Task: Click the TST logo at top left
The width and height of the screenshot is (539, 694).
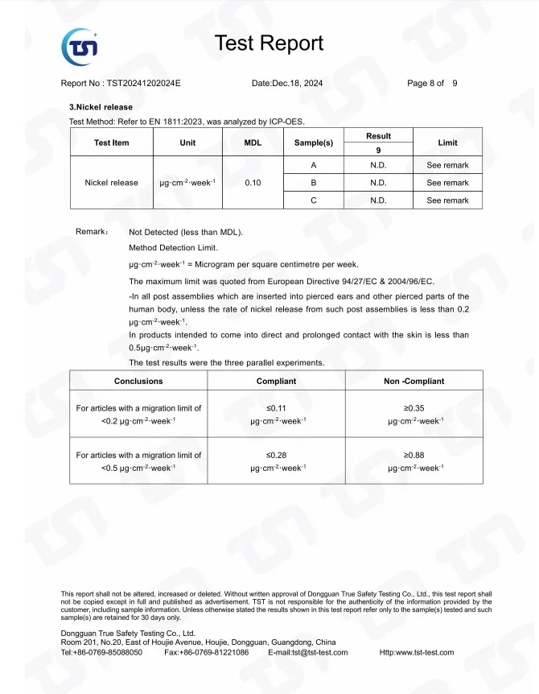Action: [80, 46]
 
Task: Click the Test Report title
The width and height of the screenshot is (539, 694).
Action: [269, 43]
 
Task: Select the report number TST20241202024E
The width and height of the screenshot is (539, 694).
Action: [144, 84]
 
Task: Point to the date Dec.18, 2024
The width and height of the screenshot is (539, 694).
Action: [298, 84]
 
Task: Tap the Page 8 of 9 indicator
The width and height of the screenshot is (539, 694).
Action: [432, 84]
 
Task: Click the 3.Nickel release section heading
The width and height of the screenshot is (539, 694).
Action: [101, 107]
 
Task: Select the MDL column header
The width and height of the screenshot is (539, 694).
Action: [253, 143]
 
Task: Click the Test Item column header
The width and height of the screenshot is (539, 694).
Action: [111, 143]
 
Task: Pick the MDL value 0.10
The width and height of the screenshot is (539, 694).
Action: [253, 183]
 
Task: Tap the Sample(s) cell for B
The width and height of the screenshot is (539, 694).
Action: [313, 183]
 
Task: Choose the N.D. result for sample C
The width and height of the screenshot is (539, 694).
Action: [378, 200]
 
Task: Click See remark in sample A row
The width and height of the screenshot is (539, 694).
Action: [447, 165]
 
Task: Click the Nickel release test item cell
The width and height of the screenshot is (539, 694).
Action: [111, 183]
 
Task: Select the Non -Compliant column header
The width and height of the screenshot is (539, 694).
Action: [414, 381]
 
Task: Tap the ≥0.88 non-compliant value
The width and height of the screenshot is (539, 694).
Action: [414, 455]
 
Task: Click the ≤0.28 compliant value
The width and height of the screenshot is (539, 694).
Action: [276, 455]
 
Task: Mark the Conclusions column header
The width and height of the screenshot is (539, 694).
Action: [138, 381]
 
